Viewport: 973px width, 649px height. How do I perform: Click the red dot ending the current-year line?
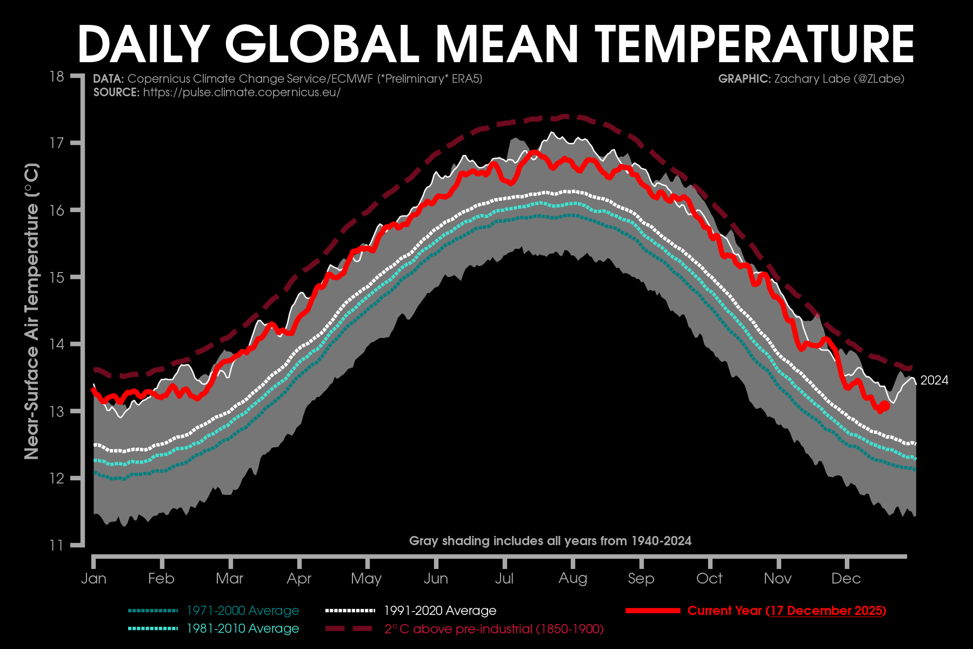click(885, 406)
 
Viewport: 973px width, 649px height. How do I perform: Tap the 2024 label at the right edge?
click(934, 381)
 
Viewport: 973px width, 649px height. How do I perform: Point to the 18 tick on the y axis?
click(57, 76)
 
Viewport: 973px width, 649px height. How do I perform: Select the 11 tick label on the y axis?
click(57, 545)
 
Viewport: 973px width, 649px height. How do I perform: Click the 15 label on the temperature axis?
click(57, 277)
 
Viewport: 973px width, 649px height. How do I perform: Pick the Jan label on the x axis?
click(94, 579)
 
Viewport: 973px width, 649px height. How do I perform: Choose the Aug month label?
click(573, 579)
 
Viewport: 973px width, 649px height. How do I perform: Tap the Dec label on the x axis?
click(846, 579)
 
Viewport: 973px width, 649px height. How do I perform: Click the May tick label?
click(366, 579)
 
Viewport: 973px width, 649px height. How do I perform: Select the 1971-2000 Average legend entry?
click(243, 611)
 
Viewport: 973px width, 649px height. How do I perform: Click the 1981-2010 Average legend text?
click(243, 628)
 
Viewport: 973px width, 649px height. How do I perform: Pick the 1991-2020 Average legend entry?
click(440, 611)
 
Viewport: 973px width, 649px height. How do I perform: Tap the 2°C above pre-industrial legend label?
click(494, 629)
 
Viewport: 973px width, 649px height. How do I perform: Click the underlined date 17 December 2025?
click(826, 611)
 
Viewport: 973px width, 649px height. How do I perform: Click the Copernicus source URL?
click(242, 92)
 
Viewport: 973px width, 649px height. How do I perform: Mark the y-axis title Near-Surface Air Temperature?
click(32, 311)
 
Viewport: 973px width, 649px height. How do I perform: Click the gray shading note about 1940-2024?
click(550, 541)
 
